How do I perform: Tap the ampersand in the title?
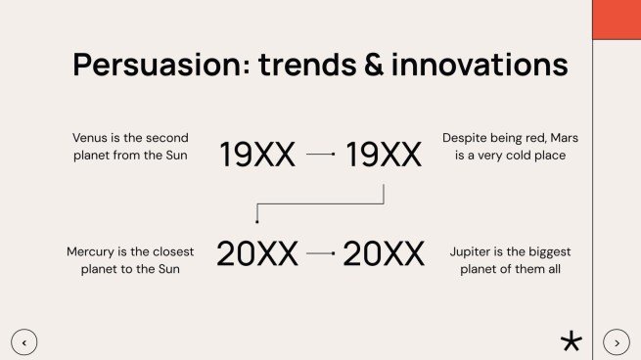(374, 65)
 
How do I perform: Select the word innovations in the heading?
(480, 65)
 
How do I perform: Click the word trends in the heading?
(307, 65)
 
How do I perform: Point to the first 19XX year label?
(257, 155)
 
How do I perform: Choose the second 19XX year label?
(384, 155)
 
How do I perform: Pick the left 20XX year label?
(257, 253)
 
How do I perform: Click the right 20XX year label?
(384, 253)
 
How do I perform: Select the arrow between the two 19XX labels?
(321, 154)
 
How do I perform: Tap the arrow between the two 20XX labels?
(321, 253)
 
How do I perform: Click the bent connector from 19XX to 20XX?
(321, 203)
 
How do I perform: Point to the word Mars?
(564, 138)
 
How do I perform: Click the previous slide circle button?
(24, 342)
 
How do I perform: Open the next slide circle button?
(617, 342)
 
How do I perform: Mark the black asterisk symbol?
(572, 340)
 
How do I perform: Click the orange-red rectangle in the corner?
(617, 20)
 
